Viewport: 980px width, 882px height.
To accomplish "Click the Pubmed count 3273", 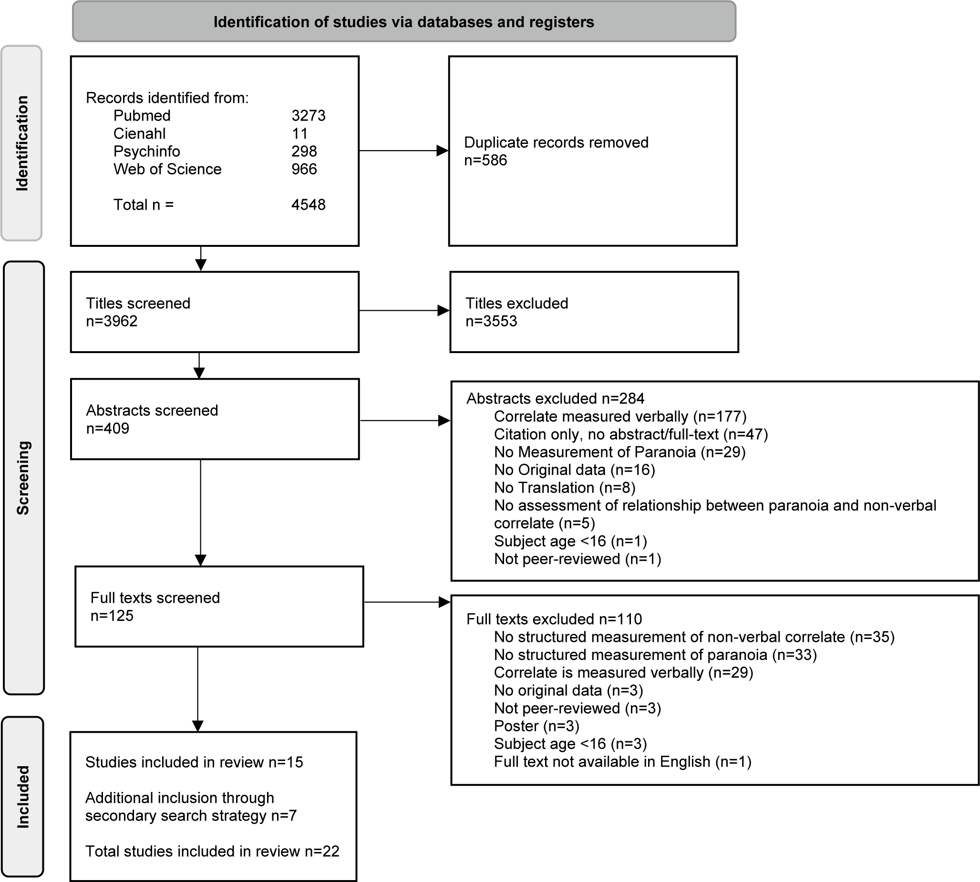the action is click(x=309, y=115).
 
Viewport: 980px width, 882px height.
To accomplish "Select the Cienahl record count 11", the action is click(x=299, y=133).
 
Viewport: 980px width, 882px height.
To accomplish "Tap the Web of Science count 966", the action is click(x=304, y=169).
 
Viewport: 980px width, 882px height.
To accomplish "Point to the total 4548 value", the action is click(x=309, y=204).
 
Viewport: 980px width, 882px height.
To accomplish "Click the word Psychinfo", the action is click(x=146, y=151).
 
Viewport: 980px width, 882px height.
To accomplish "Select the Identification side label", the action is click(x=22, y=143).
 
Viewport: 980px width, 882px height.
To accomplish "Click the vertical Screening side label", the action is click(x=23, y=478).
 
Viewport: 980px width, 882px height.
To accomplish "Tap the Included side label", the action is click(x=23, y=797).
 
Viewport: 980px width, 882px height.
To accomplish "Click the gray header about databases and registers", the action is click(x=404, y=22).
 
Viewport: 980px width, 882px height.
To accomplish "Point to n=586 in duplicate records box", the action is click(x=485, y=160).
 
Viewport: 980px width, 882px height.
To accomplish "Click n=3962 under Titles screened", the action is click(x=112, y=321).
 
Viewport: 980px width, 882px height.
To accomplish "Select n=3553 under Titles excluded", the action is click(x=491, y=321).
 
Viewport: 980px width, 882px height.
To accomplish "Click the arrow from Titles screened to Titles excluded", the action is click(x=404, y=311).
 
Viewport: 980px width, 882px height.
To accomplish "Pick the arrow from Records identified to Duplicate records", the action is click(x=404, y=151).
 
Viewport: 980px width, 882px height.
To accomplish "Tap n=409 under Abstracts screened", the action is click(x=108, y=428).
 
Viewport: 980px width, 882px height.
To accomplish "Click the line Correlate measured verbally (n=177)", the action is click(x=620, y=416).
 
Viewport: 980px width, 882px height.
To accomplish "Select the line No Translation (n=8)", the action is click(x=565, y=487).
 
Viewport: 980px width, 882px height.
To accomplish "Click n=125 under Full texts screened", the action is click(x=112, y=616).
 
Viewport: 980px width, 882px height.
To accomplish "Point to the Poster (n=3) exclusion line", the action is click(x=537, y=726).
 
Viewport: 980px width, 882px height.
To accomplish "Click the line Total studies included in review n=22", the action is click(x=212, y=851).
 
